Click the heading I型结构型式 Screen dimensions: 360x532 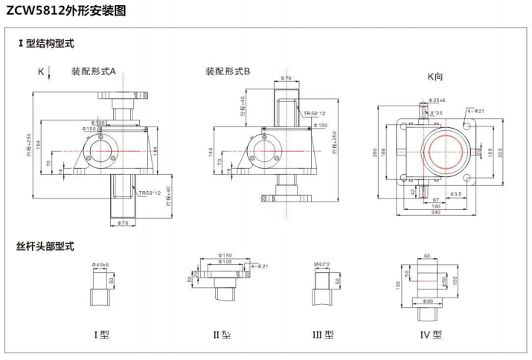pos(46,44)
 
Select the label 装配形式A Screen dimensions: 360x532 pos(94,71)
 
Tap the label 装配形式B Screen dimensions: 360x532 pos(228,71)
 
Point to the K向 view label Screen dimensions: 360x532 pos(435,76)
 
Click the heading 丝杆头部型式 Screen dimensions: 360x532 pos(46,246)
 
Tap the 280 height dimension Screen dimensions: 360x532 pos(376,153)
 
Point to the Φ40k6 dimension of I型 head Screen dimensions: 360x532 pos(100,264)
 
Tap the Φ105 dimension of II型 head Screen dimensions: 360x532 pos(224,262)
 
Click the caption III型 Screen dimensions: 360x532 pos(323,335)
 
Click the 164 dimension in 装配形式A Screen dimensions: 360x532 pos(39,144)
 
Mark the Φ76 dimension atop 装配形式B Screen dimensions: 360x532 pos(286,77)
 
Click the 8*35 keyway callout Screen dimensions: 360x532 pos(436,113)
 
